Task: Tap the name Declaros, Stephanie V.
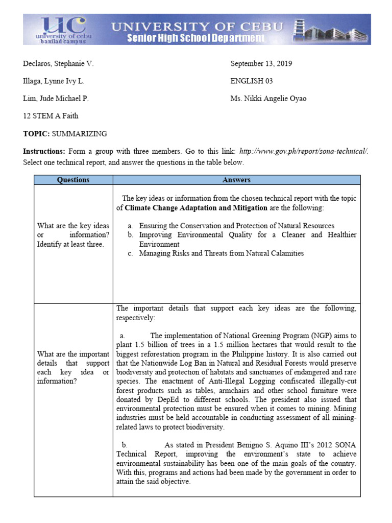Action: (x=58, y=64)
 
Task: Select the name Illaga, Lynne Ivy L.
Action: (x=54, y=81)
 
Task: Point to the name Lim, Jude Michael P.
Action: (x=56, y=99)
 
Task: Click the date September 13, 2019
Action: (x=261, y=64)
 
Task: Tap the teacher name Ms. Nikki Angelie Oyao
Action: (x=268, y=99)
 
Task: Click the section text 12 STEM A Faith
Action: (x=51, y=116)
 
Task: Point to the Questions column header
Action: (x=73, y=180)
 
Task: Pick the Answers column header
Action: (x=236, y=180)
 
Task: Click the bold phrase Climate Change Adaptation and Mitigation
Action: (x=195, y=208)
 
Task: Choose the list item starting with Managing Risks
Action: (x=221, y=253)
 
